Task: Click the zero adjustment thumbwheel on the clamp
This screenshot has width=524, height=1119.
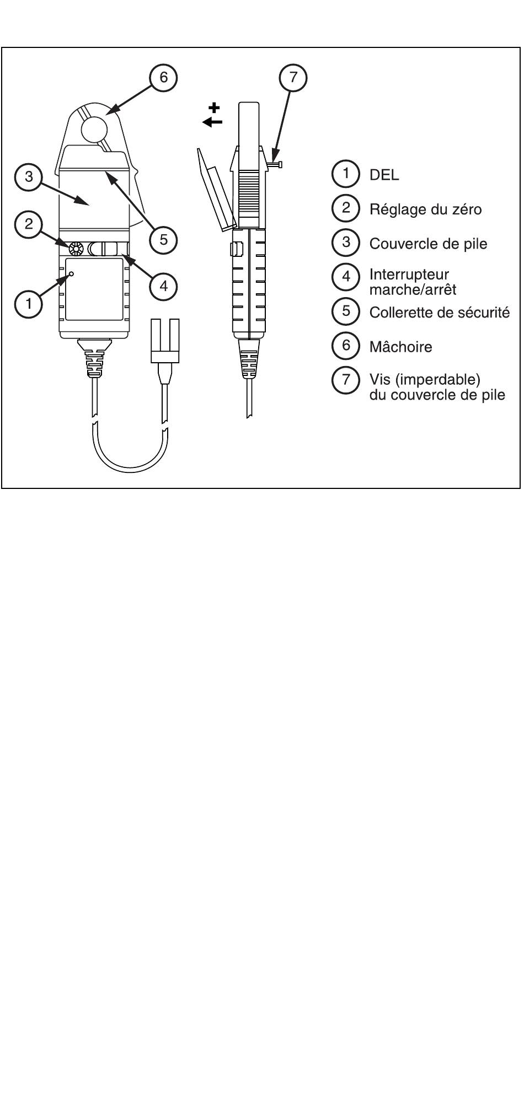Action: click(75, 249)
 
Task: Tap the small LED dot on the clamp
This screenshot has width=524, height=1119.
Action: click(71, 273)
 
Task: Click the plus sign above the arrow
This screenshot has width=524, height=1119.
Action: click(214, 108)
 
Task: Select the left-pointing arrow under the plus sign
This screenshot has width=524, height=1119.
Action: click(212, 122)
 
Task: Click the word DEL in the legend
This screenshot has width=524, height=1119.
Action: click(384, 176)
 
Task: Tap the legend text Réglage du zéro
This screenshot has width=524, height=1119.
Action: click(425, 209)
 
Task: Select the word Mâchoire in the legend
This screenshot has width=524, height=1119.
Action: click(400, 347)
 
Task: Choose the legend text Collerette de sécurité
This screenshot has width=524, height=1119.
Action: click(440, 313)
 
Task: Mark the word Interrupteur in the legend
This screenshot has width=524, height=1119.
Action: click(409, 275)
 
